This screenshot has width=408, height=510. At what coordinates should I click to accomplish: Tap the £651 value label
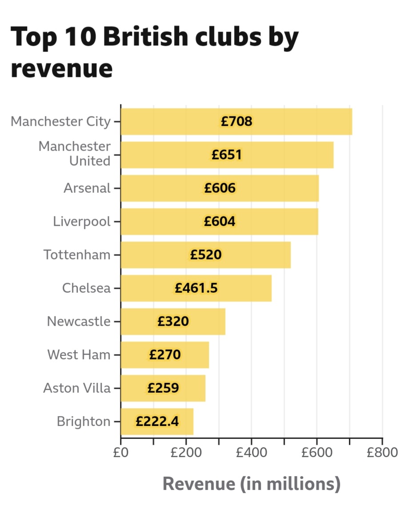[x=227, y=155]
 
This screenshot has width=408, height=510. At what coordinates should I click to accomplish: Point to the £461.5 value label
[x=196, y=288]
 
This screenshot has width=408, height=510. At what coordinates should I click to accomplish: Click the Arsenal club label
[x=87, y=188]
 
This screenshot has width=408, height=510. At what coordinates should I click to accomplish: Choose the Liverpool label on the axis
[x=82, y=221]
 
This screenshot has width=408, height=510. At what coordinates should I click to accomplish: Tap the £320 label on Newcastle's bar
[x=173, y=321]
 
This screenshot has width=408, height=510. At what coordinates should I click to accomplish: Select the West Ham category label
[x=79, y=355]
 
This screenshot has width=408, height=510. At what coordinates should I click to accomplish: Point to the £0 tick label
[x=120, y=454]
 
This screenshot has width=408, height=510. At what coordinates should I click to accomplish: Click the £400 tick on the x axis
[x=252, y=454]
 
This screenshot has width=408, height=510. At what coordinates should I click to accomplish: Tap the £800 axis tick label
[x=382, y=454]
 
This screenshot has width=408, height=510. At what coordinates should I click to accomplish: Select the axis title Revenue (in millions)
[x=251, y=483]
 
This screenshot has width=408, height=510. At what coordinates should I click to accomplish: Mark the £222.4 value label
[x=157, y=422]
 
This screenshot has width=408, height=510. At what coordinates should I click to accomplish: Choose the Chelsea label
[x=86, y=288]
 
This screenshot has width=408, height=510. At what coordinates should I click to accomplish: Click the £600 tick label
[x=317, y=454]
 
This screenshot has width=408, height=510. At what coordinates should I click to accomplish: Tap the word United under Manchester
[x=90, y=161]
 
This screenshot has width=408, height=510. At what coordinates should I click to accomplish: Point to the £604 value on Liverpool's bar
[x=220, y=221]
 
